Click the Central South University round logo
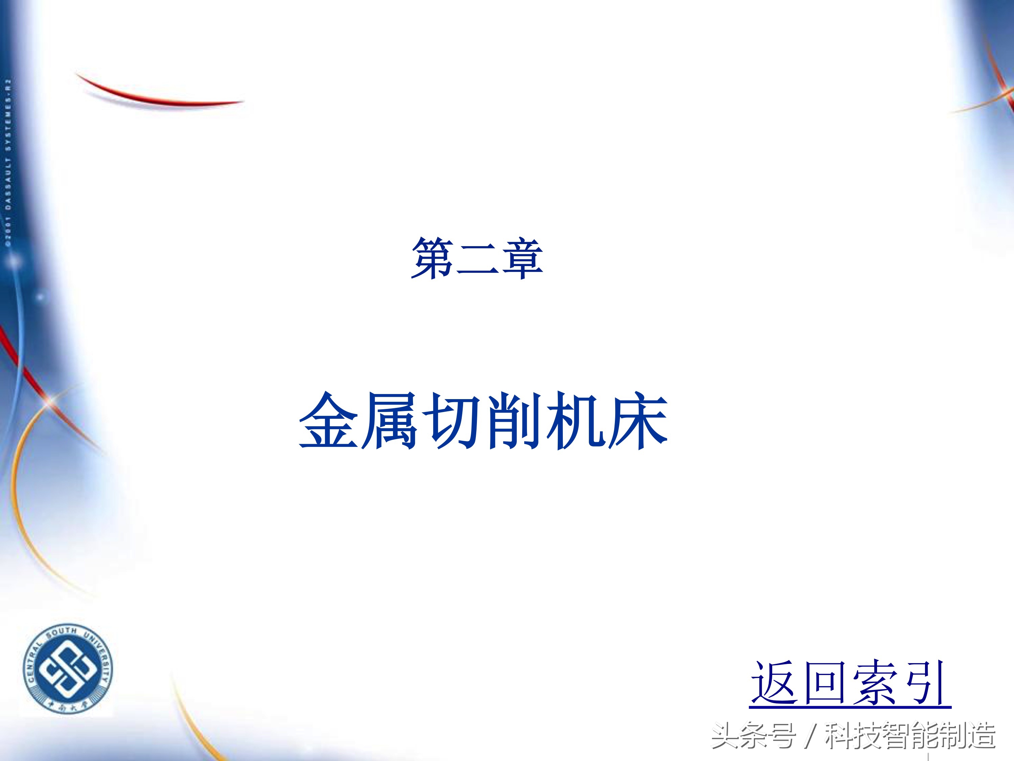[68, 670]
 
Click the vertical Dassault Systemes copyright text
[8, 163]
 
